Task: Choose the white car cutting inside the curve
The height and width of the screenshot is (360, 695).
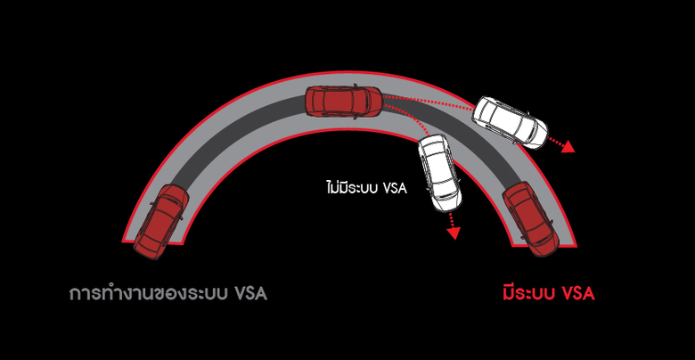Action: pos(437,173)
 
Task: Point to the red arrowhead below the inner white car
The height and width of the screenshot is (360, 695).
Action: pos(454,233)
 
